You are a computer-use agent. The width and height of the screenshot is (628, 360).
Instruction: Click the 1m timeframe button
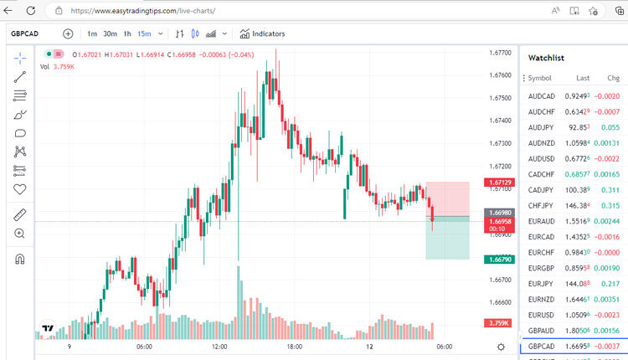tap(92, 33)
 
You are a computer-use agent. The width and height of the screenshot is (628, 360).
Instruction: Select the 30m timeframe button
tap(110, 33)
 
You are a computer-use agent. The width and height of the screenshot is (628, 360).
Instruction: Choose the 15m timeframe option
tap(144, 33)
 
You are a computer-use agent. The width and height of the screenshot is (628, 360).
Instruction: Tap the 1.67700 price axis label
tap(500, 52)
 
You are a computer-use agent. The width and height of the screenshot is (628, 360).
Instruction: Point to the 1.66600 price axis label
tap(500, 302)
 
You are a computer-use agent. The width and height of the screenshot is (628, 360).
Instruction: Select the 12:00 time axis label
tap(219, 346)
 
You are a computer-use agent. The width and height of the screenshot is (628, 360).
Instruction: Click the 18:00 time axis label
tap(294, 346)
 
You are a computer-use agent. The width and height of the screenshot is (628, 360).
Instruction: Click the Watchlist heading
tap(546, 58)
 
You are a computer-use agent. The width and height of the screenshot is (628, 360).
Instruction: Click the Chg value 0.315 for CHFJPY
tap(610, 205)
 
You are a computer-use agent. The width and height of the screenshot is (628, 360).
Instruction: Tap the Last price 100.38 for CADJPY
tap(578, 190)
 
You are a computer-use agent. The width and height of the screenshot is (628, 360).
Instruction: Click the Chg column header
tap(613, 78)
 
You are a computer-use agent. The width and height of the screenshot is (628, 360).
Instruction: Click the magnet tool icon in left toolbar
tap(21, 259)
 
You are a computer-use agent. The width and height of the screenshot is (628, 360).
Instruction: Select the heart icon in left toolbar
tap(21, 189)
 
